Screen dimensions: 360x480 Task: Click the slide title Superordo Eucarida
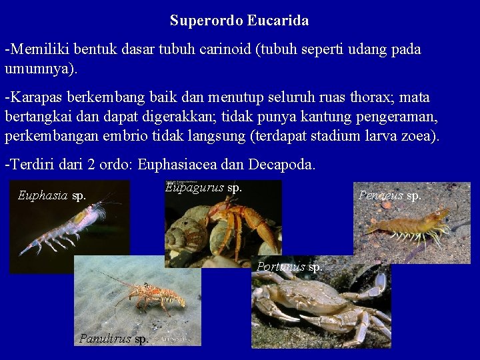[x=239, y=21]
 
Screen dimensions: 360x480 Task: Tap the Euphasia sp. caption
[x=52, y=195]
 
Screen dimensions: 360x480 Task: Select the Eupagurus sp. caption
[x=203, y=187]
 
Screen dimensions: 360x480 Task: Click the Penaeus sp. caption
[x=390, y=195]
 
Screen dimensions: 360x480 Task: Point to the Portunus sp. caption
[x=290, y=267]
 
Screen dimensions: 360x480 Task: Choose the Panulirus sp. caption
[x=114, y=338]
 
